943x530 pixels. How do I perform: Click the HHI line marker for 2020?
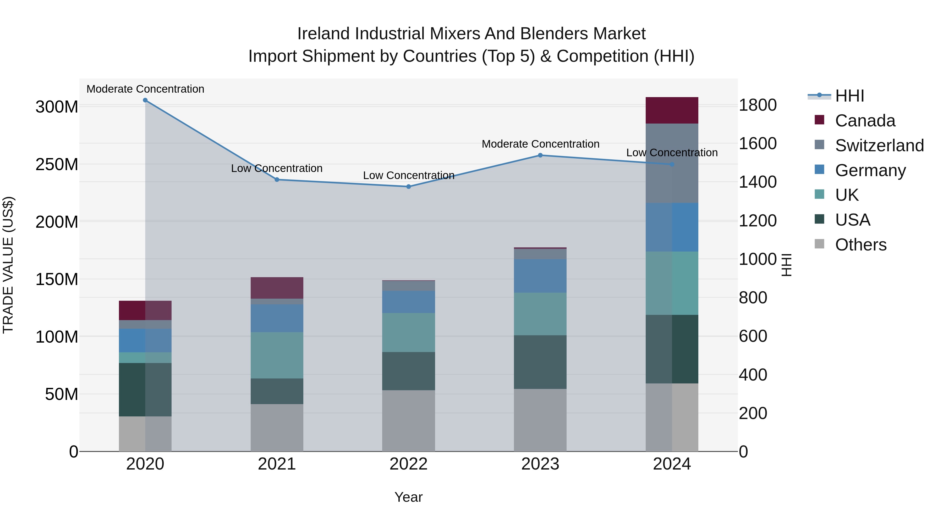(145, 100)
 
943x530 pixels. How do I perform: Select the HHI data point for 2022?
(409, 187)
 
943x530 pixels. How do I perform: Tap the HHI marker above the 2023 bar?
(540, 155)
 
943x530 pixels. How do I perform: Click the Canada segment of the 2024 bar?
(672, 110)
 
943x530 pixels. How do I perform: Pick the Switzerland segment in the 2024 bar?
(672, 163)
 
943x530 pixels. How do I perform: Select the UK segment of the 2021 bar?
(277, 355)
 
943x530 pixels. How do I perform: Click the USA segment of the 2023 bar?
(540, 362)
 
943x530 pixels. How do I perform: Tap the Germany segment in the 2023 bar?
(540, 276)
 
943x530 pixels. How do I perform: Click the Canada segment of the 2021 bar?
(277, 288)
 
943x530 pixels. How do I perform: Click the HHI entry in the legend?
(849, 96)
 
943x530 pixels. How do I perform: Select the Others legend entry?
(860, 245)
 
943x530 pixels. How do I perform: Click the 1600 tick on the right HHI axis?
(757, 143)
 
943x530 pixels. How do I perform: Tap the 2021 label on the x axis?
(277, 464)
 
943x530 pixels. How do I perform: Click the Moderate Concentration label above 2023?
(540, 144)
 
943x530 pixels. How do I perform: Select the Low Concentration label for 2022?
(409, 176)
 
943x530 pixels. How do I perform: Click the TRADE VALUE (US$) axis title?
(8, 265)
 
